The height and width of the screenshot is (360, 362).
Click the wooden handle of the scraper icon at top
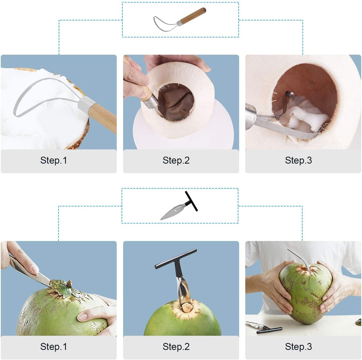tap(194, 16)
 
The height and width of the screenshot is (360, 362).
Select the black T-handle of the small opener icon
tap(191, 201)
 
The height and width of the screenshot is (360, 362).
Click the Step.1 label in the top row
tap(53, 160)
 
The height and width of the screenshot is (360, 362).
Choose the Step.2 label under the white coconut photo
tap(176, 160)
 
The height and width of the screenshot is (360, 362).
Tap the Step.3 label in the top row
tap(298, 160)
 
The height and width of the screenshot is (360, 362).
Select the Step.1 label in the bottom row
tap(53, 347)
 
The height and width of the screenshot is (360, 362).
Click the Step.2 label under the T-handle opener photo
tap(176, 347)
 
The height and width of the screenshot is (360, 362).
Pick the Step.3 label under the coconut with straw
tap(298, 347)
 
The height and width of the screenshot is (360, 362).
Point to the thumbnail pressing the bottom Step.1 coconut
tap(82, 317)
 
